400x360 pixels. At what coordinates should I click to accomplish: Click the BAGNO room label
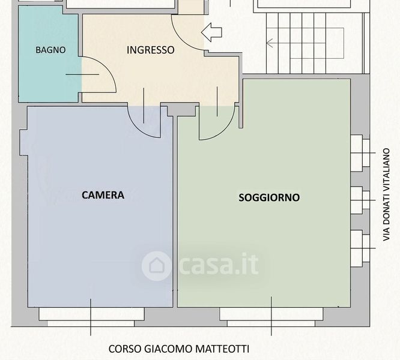(50, 50)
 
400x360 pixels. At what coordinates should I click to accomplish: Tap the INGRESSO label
(151, 50)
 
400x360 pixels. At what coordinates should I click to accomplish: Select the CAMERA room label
(103, 195)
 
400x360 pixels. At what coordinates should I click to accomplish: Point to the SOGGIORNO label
(269, 197)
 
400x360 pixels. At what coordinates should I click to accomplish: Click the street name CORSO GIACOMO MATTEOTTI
(179, 349)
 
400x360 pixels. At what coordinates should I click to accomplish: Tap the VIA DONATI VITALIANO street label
(386, 194)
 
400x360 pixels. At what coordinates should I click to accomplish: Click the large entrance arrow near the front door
(211, 32)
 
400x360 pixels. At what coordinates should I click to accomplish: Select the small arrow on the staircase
(270, 43)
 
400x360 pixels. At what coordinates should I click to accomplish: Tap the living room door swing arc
(225, 130)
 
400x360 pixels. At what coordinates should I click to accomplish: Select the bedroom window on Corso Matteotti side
(91, 317)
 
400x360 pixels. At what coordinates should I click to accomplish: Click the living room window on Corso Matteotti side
(271, 317)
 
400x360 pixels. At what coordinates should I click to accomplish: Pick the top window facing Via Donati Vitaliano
(360, 153)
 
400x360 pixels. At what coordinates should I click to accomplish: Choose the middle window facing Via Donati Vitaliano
(360, 200)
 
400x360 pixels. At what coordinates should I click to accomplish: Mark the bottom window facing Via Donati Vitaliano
(360, 248)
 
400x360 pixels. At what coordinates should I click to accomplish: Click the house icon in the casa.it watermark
(156, 266)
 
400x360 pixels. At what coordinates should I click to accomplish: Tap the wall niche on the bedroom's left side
(24, 142)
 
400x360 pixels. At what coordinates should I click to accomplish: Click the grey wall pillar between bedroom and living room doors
(183, 110)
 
